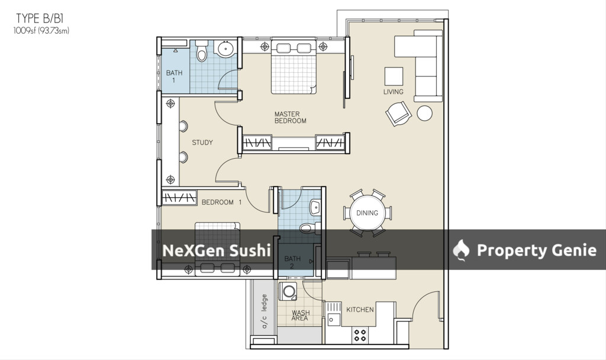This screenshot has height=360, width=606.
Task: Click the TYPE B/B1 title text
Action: [40, 18]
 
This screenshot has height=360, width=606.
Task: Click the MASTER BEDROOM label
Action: [290, 117]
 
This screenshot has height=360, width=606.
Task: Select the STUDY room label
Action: [202, 142]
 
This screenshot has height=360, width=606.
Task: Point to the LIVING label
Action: [394, 92]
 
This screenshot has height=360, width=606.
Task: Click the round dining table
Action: [367, 213]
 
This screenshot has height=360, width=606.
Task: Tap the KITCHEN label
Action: [360, 309]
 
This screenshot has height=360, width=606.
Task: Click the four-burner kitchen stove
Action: [360, 335]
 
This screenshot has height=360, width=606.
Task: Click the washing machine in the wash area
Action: [288, 291]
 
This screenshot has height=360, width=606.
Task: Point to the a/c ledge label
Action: [265, 311]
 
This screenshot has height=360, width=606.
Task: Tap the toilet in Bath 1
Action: [201, 51]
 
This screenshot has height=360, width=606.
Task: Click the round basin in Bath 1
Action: [225, 49]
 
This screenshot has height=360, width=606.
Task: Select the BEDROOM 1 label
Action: [221, 202]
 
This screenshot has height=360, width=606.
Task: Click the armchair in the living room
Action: [398, 113]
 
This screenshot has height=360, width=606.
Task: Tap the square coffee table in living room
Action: [394, 76]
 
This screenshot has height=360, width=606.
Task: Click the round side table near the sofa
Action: [425, 113]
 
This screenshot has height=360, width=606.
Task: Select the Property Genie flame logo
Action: [461, 250]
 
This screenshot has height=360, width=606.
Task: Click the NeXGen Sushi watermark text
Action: [217, 250]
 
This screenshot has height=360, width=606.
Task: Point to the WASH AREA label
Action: [300, 316]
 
